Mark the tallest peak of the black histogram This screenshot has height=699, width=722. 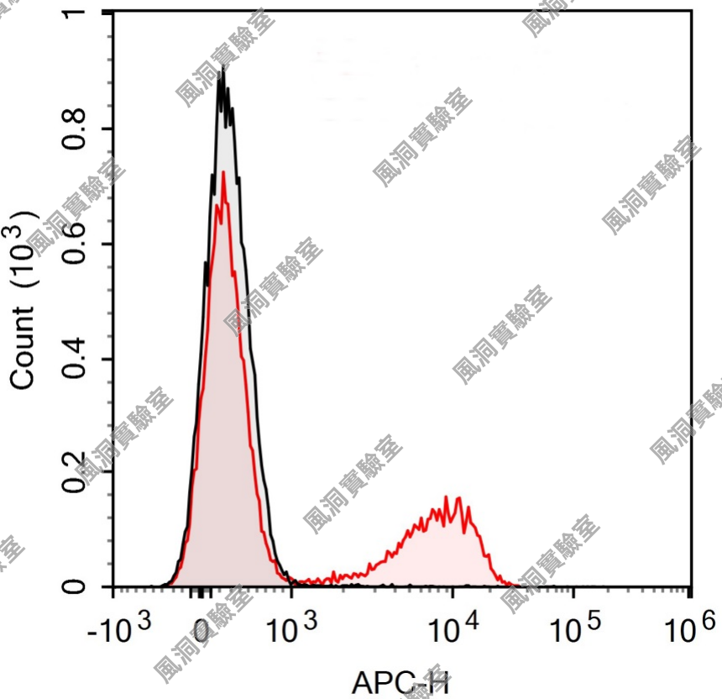(x=221, y=74)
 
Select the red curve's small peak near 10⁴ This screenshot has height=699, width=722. (x=458, y=499)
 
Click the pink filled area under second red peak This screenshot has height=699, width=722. (x=437, y=554)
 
